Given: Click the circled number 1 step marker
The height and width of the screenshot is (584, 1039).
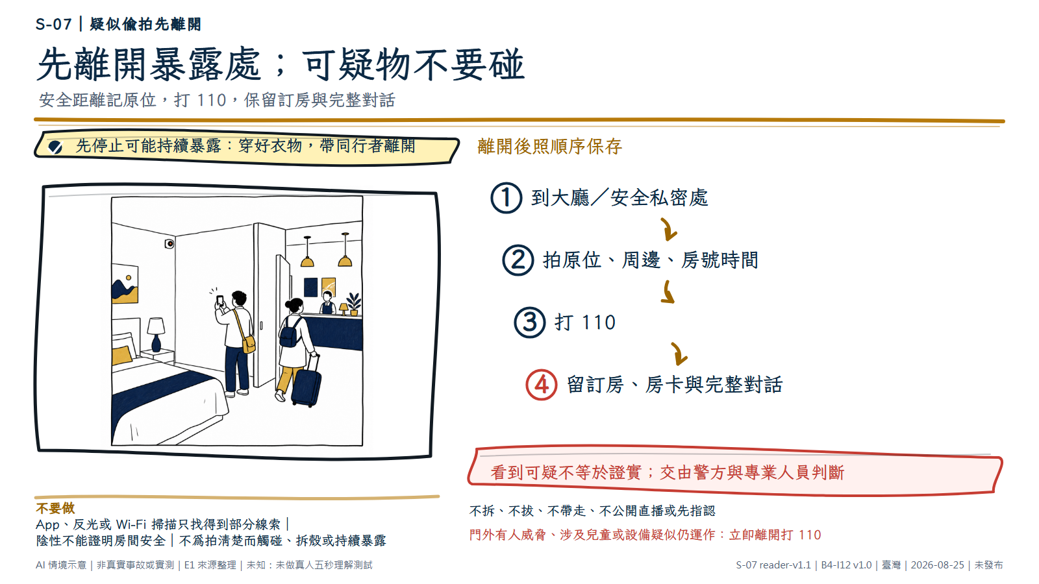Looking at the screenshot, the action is (506, 198).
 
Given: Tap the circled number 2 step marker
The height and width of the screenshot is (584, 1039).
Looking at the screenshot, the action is (518, 260).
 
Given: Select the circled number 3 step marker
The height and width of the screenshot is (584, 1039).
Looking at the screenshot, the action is (529, 322).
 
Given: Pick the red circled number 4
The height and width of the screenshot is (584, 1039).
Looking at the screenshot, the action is (542, 385).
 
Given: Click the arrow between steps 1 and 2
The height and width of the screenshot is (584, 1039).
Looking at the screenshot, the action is (669, 230).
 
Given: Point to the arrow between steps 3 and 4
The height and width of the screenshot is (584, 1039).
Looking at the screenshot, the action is (679, 354).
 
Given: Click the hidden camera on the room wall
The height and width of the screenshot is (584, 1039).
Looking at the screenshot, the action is (169, 243).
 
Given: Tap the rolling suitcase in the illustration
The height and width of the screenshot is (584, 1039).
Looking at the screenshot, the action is (307, 382).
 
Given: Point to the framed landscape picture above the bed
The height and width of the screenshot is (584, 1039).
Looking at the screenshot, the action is (125, 283).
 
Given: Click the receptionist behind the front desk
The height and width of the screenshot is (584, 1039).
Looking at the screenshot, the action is (327, 303).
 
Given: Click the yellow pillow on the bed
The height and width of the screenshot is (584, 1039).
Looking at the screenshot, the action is (122, 356).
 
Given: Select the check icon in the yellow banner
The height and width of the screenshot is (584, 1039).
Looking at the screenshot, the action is (55, 147).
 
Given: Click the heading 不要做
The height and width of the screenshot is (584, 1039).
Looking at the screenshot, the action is (55, 509).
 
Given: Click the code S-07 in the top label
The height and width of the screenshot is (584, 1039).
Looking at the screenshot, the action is (53, 24).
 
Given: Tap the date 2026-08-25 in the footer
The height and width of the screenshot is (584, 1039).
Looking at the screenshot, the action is (938, 565).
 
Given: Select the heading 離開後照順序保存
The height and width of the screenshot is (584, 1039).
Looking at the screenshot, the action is (549, 147).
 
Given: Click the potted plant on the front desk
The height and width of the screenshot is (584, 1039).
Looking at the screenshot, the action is (354, 304).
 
